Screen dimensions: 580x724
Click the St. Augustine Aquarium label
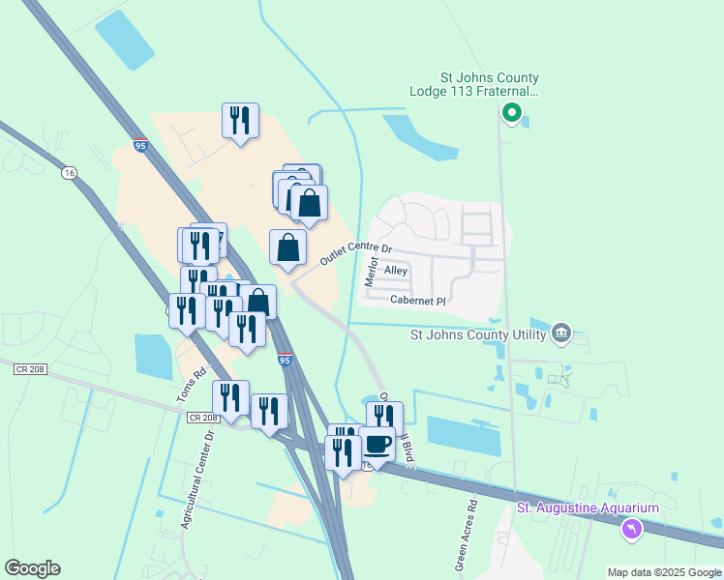[588, 508]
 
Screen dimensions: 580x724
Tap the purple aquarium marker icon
[632, 529]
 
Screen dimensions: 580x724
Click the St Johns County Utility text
[473, 335]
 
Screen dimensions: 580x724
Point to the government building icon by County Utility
[560, 334]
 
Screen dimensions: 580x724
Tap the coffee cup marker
[377, 446]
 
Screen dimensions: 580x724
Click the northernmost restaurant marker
[239, 121]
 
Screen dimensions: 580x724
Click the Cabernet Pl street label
[417, 301]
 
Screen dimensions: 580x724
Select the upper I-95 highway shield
[140, 146]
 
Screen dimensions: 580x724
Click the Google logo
[32, 568]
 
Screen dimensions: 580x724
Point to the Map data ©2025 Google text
[663, 572]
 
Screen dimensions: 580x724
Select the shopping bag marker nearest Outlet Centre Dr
[287, 248]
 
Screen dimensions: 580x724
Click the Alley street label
[396, 272]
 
